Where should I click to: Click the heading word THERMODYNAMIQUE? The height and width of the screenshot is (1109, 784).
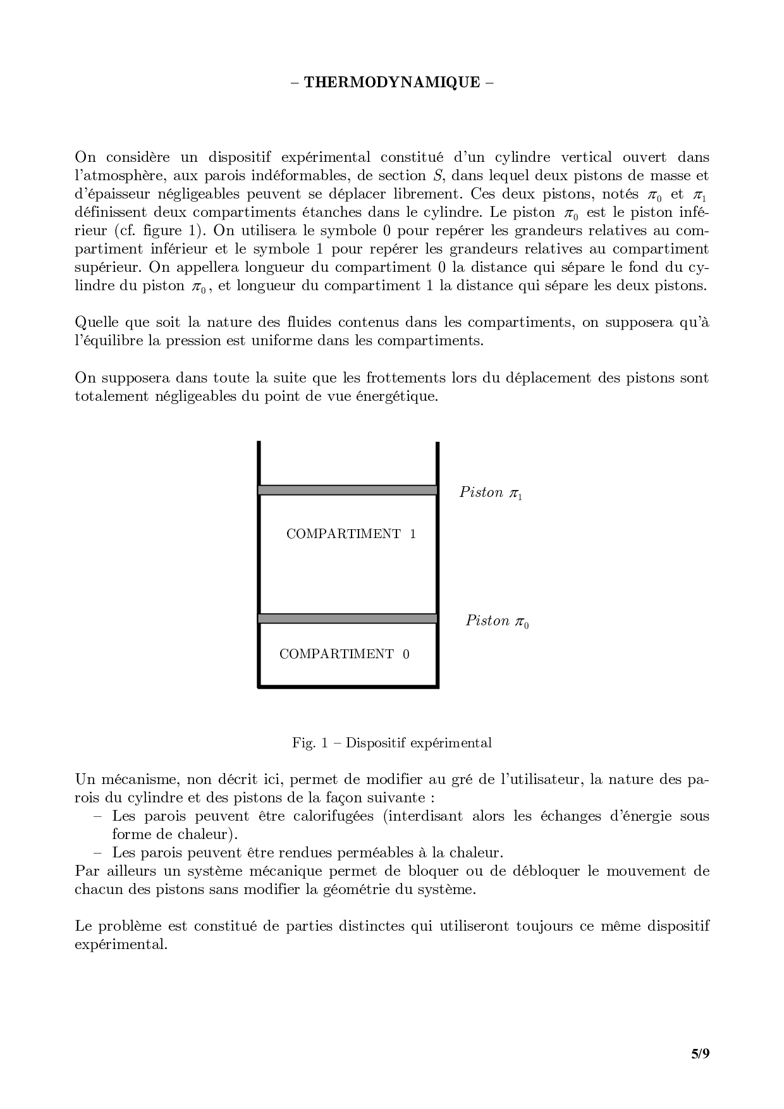pos(392,82)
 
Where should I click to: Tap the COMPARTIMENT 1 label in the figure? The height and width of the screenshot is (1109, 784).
pos(351,534)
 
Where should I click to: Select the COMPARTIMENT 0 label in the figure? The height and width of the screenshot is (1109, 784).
pos(345,654)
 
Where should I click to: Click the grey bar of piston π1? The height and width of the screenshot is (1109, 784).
pos(348,490)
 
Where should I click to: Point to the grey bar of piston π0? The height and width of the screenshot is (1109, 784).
pos(348,618)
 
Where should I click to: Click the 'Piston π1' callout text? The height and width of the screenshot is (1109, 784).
pos(491,493)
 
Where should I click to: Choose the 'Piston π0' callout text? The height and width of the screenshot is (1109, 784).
pos(497,621)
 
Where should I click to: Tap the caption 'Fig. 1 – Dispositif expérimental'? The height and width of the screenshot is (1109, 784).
pos(392,742)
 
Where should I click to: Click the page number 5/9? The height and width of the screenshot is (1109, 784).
pos(700,1053)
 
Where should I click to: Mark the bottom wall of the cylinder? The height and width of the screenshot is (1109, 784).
pos(348,686)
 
